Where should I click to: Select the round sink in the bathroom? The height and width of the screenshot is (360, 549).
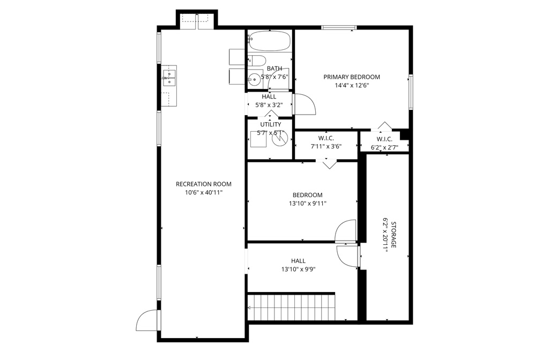[253, 79]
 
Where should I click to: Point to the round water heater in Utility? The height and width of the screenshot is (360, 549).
[279, 139]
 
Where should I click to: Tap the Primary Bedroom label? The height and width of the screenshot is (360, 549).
[352, 77]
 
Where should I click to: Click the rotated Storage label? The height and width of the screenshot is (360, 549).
[394, 235]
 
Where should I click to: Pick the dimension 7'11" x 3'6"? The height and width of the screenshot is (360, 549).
[326, 146]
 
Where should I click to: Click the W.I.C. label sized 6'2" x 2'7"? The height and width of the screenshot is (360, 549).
[384, 139]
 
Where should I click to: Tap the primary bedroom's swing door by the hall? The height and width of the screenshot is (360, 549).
[305, 104]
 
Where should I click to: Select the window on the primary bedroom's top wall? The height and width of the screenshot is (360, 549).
[339, 27]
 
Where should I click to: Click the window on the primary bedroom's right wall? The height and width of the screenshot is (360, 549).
[411, 92]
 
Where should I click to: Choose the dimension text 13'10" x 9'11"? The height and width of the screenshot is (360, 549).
[307, 204]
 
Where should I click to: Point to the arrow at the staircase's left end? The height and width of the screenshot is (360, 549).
[249, 307]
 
